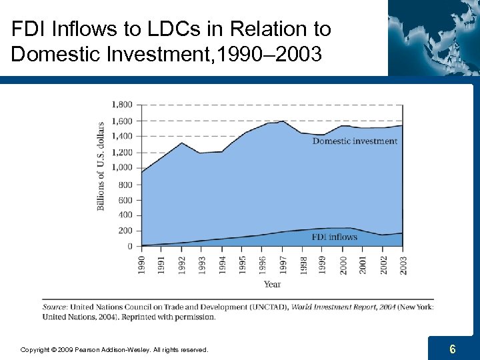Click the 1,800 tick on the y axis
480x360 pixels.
point(121,105)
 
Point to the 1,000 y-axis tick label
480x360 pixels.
point(121,168)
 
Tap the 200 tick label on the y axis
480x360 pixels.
point(125,231)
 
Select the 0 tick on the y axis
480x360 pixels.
point(129,247)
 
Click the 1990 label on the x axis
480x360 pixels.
point(141,263)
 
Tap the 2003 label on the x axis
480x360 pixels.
point(403,263)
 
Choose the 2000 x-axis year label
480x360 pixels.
point(343,263)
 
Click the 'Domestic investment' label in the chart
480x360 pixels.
point(355,141)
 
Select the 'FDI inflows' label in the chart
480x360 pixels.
point(334,237)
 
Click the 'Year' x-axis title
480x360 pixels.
point(272,285)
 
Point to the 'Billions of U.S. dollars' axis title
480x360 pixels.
point(101,166)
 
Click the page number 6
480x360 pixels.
point(453,349)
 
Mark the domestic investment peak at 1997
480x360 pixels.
point(283,121)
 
